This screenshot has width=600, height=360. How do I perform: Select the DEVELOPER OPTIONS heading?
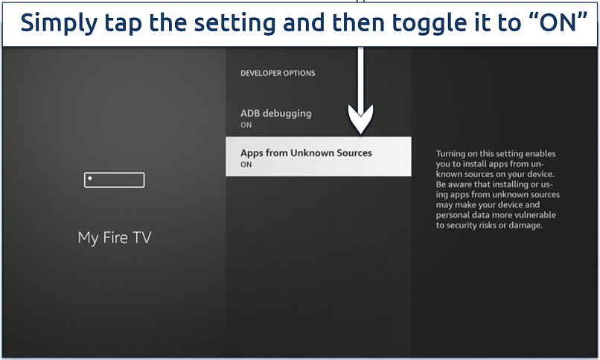[278, 74]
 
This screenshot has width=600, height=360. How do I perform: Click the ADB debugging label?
[275, 114]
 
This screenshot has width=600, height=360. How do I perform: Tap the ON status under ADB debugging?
[246, 126]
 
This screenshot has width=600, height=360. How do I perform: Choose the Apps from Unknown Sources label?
[306, 152]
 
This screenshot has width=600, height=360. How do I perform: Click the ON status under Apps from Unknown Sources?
[246, 164]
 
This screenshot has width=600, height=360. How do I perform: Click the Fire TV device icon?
[114, 180]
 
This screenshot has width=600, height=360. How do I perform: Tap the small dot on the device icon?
[90, 179]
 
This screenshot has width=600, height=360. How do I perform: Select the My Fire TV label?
[114, 238]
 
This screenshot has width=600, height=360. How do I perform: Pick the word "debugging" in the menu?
[287, 114]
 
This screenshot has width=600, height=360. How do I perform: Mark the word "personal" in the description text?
[454, 214]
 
